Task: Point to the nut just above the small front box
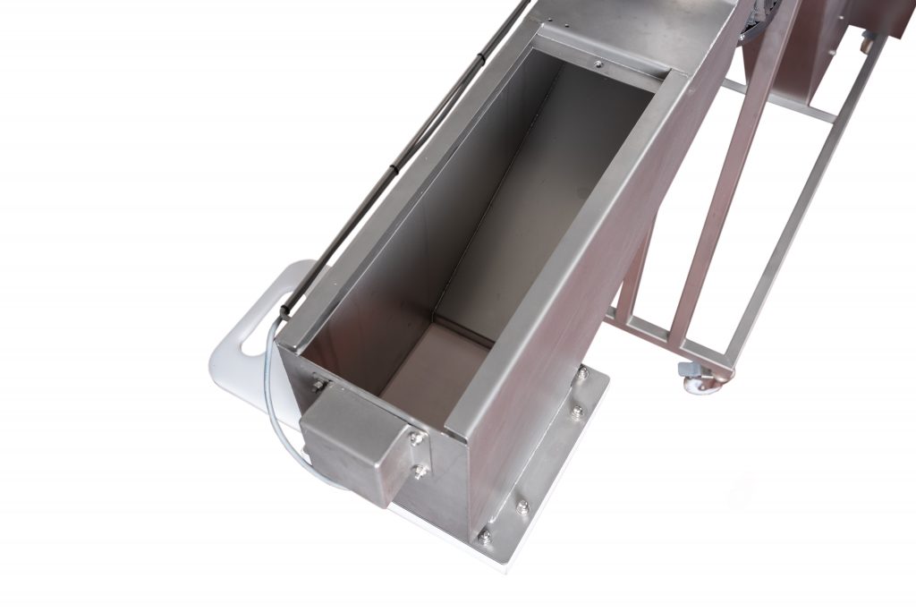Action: [319, 386]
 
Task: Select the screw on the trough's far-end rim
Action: [597, 64]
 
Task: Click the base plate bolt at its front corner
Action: [484, 538]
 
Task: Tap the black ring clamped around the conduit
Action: [479, 56]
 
